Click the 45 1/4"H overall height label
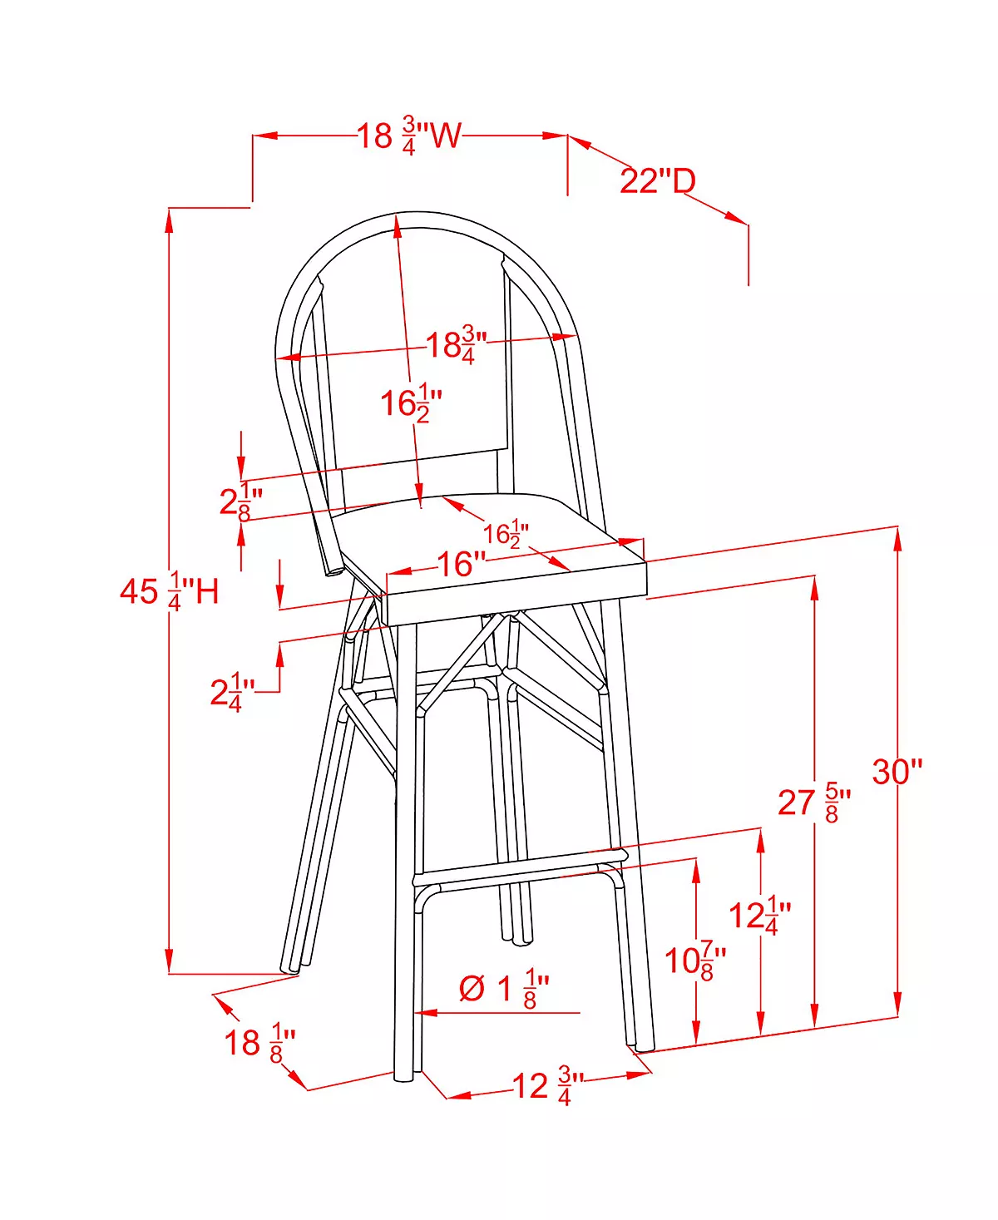169,591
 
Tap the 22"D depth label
658,181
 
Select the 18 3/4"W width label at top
410,136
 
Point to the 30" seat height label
897,772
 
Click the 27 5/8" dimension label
814,803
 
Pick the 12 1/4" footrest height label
759,915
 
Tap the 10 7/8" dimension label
695,961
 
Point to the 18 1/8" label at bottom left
259,1043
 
